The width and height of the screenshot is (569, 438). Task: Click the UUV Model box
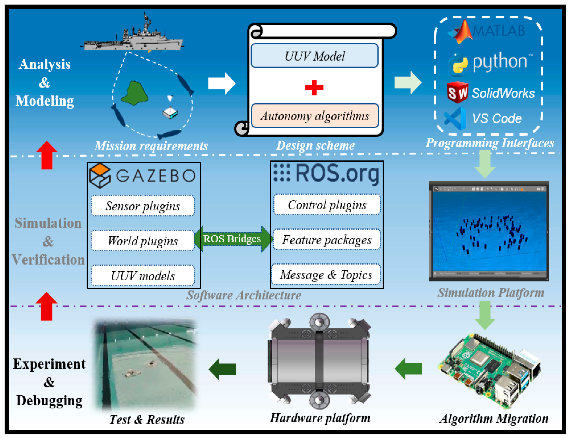tap(314, 56)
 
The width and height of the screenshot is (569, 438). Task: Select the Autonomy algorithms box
tap(315, 116)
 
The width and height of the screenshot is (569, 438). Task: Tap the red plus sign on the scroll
tap(314, 88)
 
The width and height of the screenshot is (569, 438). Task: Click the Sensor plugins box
tap(143, 206)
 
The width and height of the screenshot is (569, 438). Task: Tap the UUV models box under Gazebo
tap(143, 276)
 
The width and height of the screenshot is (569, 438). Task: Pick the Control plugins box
tap(327, 205)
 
